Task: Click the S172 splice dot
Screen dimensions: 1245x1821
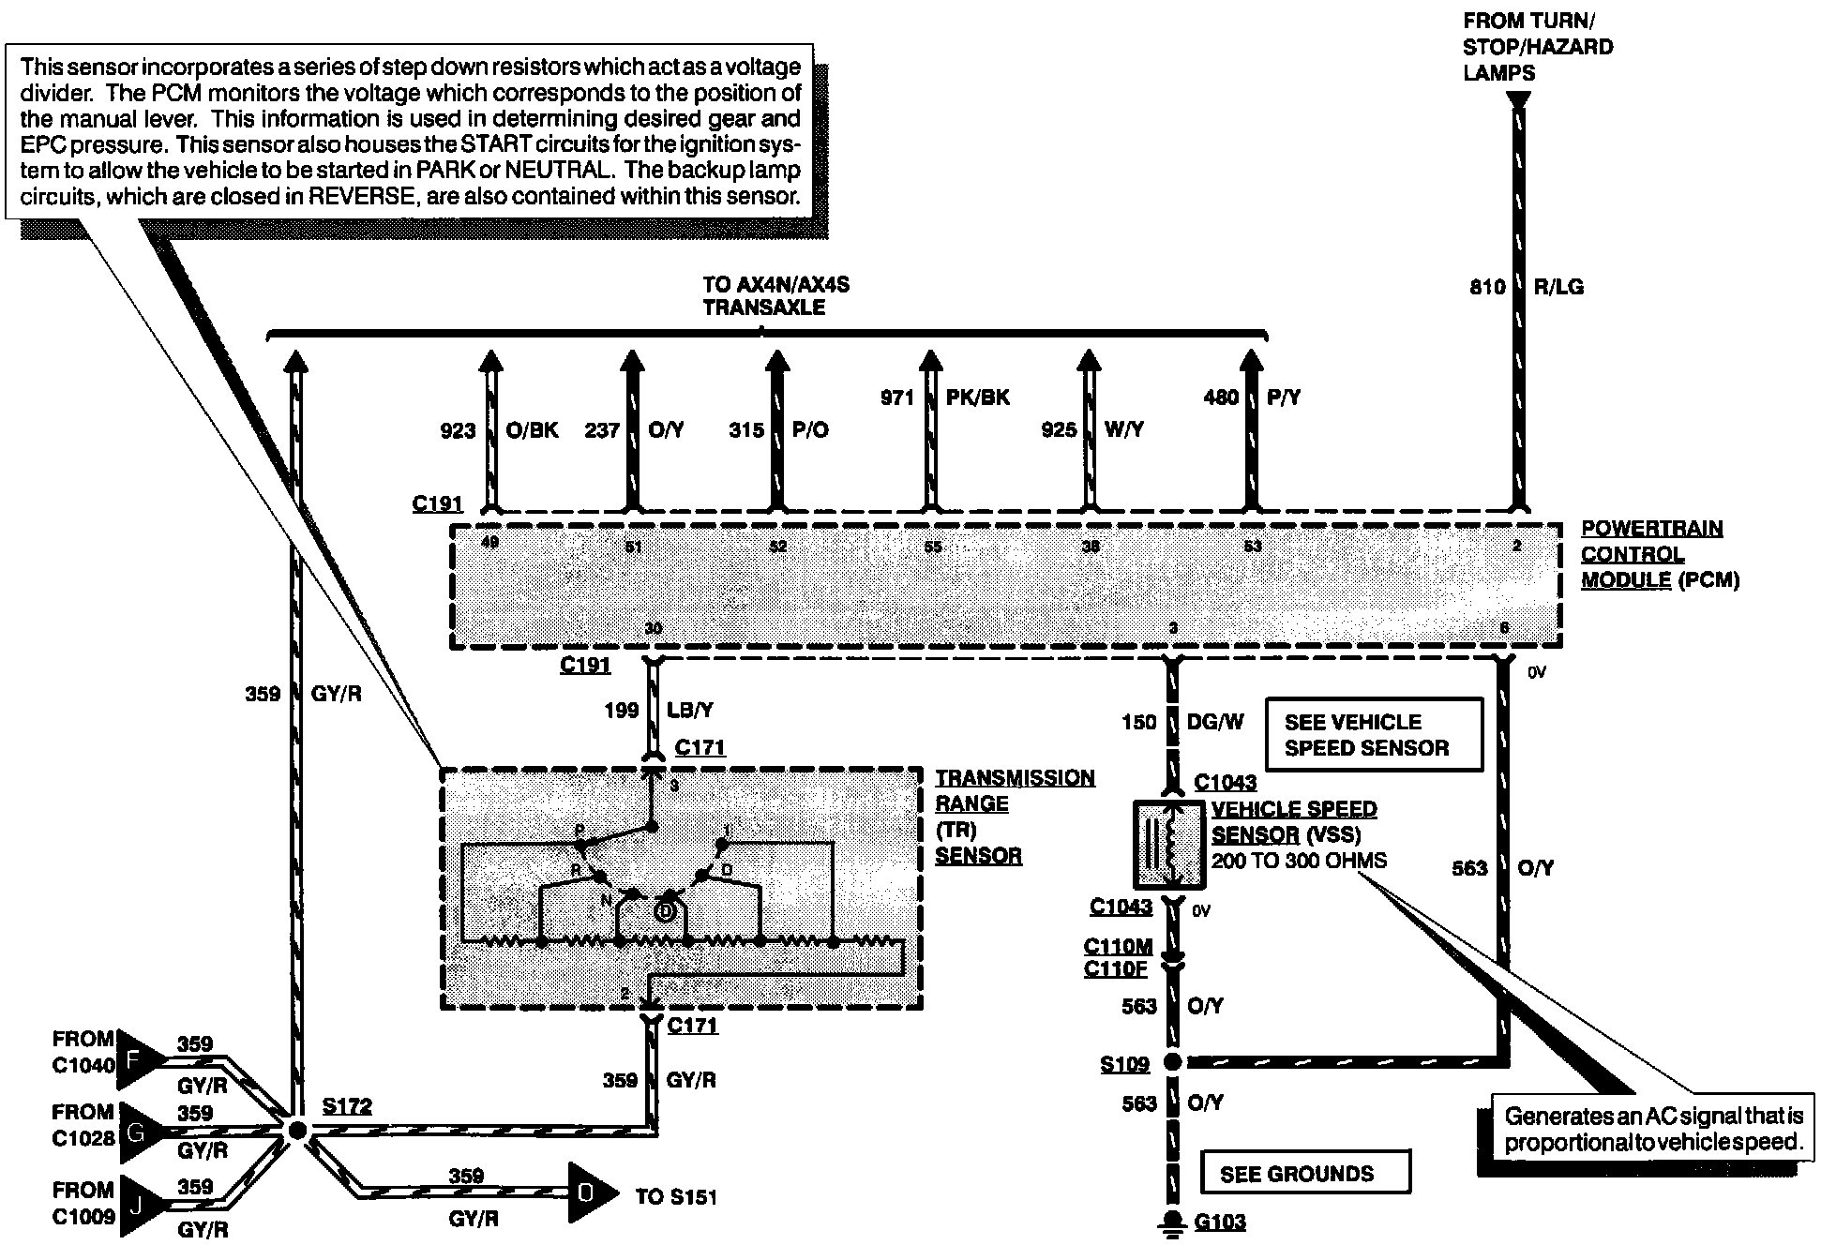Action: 296,1131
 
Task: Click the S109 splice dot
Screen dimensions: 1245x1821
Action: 1171,1062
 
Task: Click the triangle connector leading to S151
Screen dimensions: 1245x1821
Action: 589,1193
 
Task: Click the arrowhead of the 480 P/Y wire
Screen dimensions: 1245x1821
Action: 1250,360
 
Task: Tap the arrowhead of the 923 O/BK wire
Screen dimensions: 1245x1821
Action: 489,360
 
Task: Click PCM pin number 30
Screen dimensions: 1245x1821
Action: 653,628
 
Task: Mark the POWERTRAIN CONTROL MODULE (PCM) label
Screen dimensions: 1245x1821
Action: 1659,554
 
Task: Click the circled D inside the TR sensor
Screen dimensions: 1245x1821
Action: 665,910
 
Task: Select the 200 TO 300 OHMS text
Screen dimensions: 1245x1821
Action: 1299,861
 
